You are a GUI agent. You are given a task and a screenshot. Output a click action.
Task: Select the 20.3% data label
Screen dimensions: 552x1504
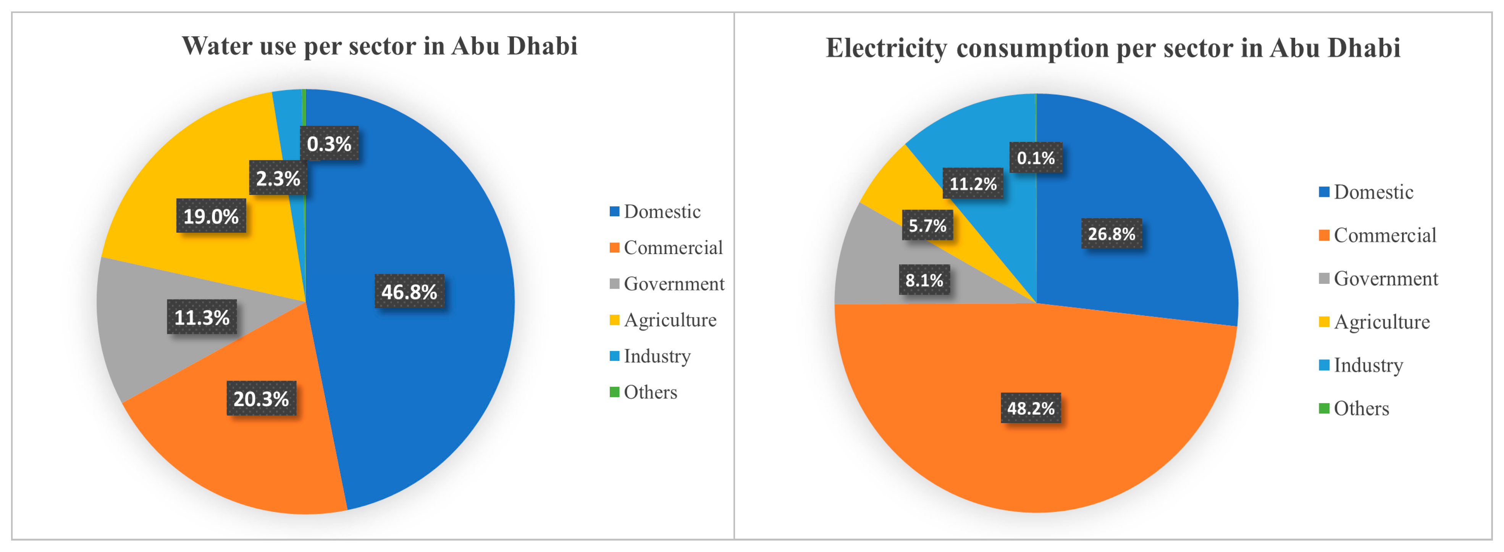tap(261, 399)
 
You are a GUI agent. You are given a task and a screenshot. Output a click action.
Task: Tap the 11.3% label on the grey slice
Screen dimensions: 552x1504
tap(202, 317)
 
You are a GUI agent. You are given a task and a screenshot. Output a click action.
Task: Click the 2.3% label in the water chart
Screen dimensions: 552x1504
tap(278, 178)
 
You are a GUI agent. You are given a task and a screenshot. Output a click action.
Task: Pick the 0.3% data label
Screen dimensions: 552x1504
tap(329, 143)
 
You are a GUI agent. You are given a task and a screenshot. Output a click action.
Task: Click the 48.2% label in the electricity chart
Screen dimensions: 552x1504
tap(1031, 408)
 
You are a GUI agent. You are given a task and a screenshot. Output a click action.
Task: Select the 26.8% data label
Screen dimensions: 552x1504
tap(1111, 233)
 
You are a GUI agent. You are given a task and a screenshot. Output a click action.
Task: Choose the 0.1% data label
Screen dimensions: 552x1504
tap(1036, 158)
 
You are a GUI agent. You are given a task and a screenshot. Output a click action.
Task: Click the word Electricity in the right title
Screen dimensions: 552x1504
tap(886, 48)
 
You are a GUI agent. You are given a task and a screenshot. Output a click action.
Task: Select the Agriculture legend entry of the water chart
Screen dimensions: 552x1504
tap(670, 320)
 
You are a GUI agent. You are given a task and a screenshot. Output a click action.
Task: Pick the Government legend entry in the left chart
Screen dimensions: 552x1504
tap(674, 283)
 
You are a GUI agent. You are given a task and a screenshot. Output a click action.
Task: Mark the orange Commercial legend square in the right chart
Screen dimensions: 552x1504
tap(1324, 235)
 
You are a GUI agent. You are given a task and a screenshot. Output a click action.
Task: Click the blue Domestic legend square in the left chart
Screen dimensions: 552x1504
tap(614, 211)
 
